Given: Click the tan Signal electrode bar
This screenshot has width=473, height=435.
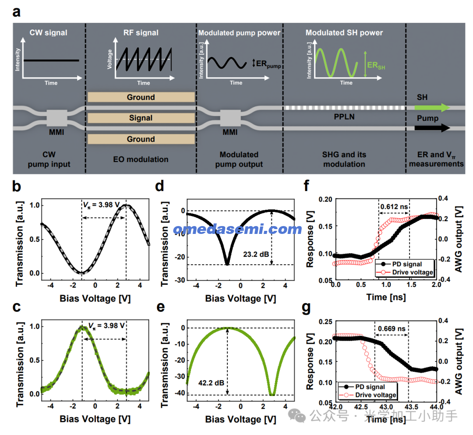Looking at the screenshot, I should (x=141, y=118).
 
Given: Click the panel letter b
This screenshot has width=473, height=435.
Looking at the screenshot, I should (x=18, y=187).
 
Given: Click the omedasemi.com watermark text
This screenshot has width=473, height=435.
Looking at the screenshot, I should (x=237, y=229).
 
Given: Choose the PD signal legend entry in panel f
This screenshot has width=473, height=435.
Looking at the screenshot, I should (x=406, y=264).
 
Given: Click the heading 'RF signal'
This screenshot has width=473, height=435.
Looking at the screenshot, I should (x=141, y=33).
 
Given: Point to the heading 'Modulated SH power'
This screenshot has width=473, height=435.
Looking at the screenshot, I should (x=344, y=33).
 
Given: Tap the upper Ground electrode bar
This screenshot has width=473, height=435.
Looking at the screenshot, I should (x=141, y=97).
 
